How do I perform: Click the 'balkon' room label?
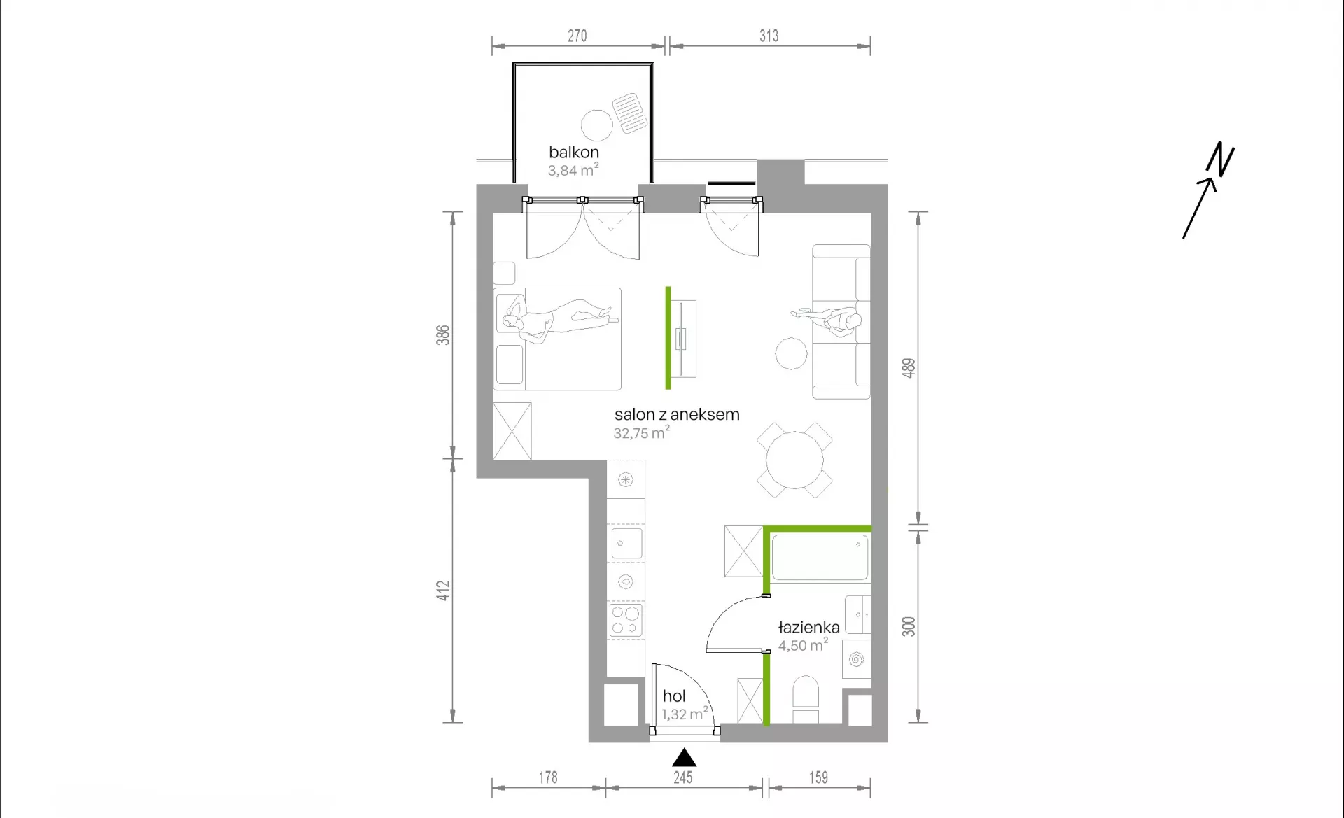click(x=574, y=152)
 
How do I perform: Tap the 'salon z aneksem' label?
click(x=677, y=414)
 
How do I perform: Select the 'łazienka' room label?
click(x=808, y=627)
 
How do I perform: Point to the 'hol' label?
click(x=674, y=696)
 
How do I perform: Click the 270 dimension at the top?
click(x=577, y=36)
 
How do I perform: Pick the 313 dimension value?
click(x=769, y=36)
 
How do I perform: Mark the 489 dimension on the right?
click(x=908, y=368)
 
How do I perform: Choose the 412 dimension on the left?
click(x=443, y=591)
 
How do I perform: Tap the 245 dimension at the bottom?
click(x=683, y=777)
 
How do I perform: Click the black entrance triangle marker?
click(x=684, y=758)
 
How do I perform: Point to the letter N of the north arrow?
click(x=1221, y=159)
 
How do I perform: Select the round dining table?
click(x=794, y=460)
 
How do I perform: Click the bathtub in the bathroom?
click(x=820, y=557)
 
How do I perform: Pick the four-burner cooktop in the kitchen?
click(x=626, y=620)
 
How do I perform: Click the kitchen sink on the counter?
click(x=626, y=543)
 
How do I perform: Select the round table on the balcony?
click(x=597, y=126)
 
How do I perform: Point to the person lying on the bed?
click(x=558, y=319)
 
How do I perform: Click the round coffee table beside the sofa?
click(x=791, y=353)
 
